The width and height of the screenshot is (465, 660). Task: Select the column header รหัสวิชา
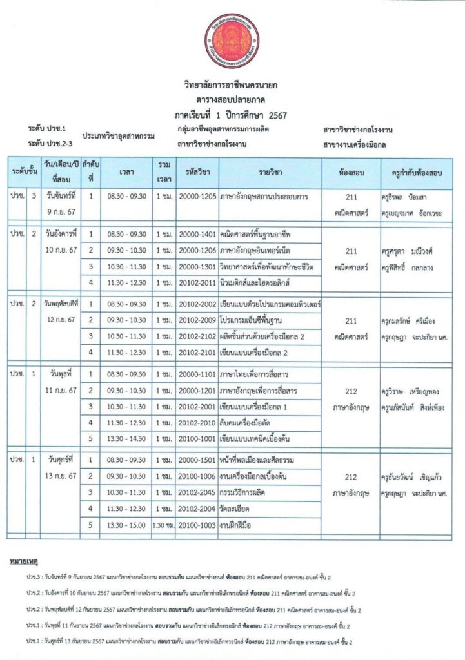197,173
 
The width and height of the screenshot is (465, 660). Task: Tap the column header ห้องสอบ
353,173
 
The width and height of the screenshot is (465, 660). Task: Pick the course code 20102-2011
197,282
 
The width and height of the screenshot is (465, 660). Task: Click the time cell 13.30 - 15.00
127,525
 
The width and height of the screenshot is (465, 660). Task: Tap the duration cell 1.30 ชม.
164,525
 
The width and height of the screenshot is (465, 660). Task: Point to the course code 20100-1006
197,476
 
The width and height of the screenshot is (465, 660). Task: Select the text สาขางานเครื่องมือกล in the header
354,144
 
